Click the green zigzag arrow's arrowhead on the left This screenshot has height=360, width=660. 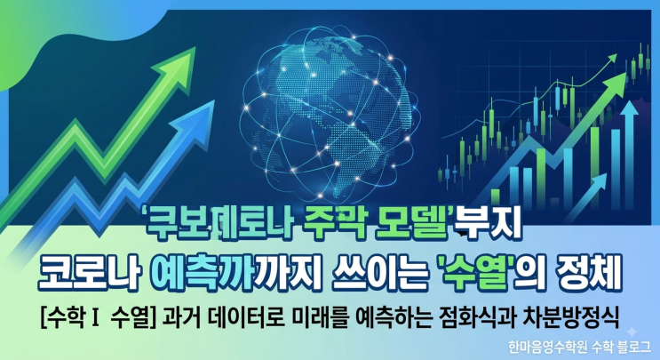click(x=177, y=68)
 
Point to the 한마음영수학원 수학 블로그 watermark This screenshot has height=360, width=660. click(x=579, y=347)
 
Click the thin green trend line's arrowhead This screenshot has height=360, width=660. click(x=612, y=59)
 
